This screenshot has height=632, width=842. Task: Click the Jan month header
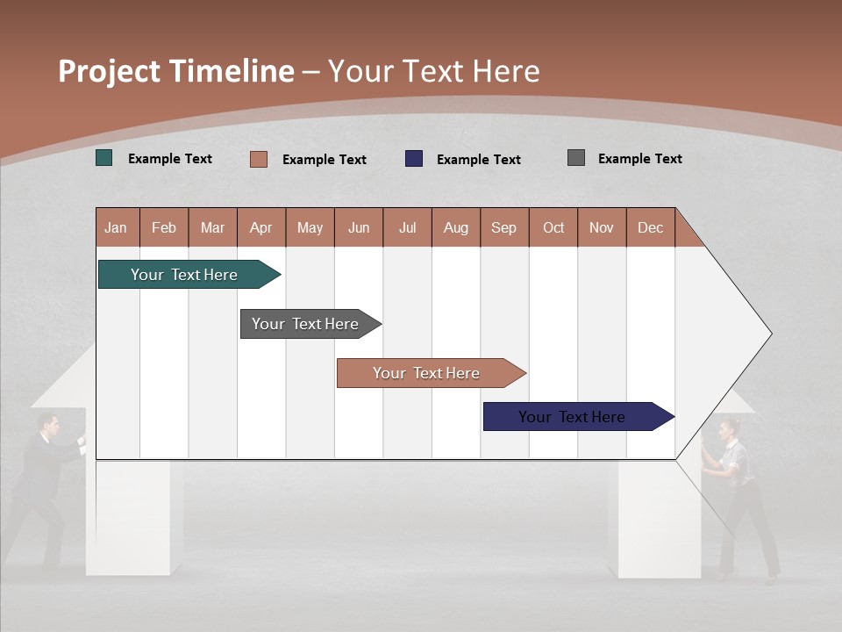[117, 227]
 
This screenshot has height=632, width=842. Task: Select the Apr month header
[261, 227]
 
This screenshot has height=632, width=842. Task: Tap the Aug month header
[456, 227]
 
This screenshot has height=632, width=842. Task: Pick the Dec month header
[651, 227]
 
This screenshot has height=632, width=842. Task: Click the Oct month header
[553, 227]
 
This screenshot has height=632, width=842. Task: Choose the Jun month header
[359, 227]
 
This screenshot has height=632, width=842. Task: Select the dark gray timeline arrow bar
[307, 324]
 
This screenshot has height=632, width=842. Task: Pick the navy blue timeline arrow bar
[574, 417]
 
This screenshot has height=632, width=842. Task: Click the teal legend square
[104, 158]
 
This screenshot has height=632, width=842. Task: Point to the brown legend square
[259, 159]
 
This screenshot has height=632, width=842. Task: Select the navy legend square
[414, 159]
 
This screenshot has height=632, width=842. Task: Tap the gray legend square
[576, 158]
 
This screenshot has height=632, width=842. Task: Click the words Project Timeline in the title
[175, 71]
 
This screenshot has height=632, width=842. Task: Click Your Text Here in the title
[434, 71]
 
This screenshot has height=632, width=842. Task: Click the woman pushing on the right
[741, 492]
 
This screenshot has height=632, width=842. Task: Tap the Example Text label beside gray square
[639, 158]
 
